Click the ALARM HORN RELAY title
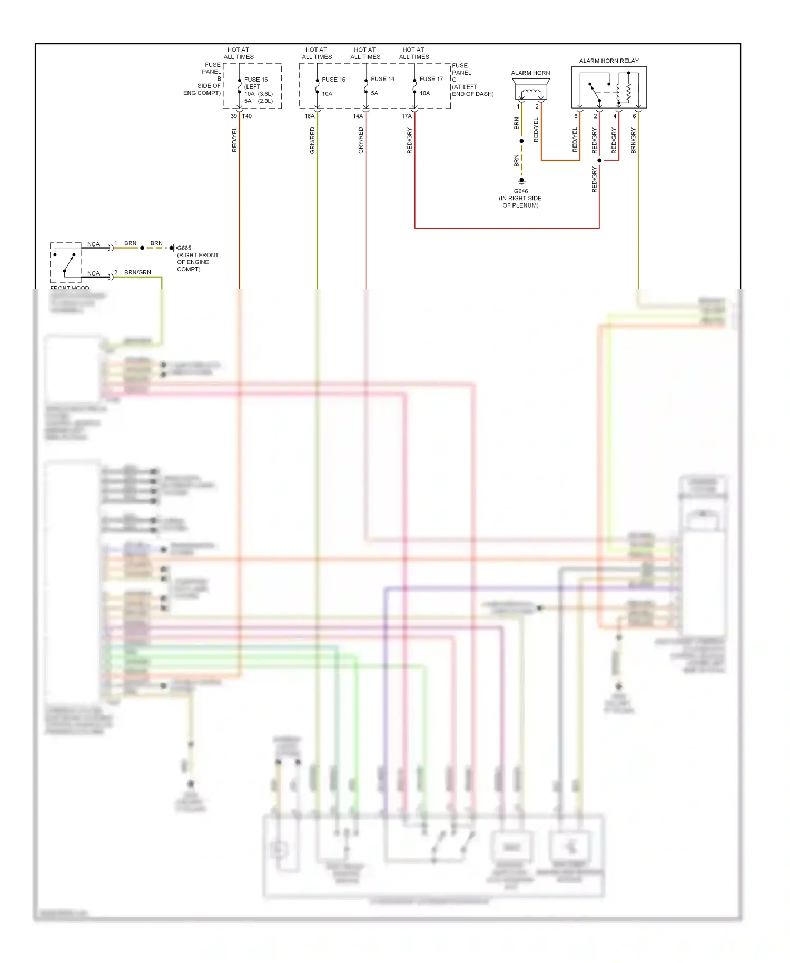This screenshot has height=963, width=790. coord(608,61)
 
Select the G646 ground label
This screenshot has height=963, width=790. coord(520,191)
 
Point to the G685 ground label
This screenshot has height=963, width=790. coord(184,248)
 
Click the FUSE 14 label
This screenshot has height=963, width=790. coord(382,79)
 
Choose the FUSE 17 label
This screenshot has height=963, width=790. coord(431,79)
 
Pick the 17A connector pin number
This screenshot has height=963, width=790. coord(407,116)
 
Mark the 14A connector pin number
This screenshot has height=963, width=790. coord(358,116)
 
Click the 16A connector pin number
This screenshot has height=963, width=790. coord(309,116)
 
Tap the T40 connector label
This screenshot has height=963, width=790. coord(246,116)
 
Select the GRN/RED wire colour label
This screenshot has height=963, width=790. coord(312,141)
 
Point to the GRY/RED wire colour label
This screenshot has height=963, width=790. coord(361,141)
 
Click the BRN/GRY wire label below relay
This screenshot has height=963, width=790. coord(633,141)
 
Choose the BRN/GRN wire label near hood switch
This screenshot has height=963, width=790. coord(137,272)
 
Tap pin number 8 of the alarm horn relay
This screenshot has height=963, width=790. coord(576,116)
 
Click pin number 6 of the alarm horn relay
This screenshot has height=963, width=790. coord(634,116)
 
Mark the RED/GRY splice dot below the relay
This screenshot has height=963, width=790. coord(599,160)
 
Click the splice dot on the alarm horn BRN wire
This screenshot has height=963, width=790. coord(521,141)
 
